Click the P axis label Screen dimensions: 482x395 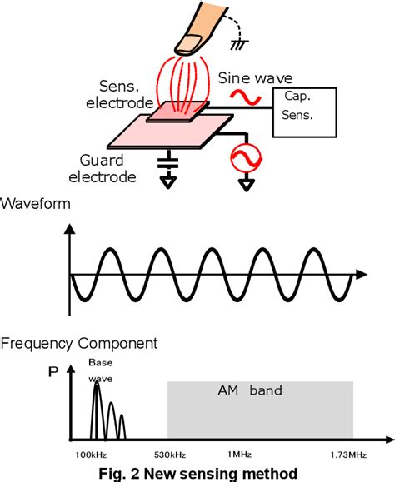click(52, 372)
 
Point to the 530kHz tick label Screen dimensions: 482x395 click(168, 454)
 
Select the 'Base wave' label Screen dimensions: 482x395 click(100, 370)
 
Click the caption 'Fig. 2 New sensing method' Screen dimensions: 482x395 click(197, 473)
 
